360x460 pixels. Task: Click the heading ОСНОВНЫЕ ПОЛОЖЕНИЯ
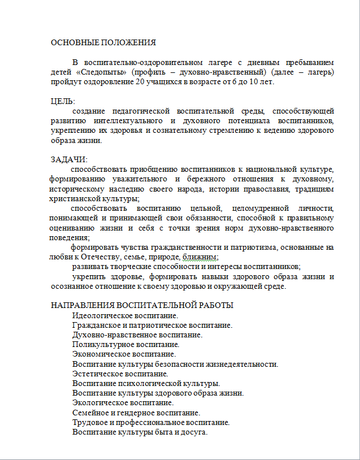[x=103, y=42]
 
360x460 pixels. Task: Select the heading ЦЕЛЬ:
[x=63, y=101]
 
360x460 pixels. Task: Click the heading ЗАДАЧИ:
[x=69, y=159]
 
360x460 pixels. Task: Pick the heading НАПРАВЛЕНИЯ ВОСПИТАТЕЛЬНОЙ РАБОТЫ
[x=142, y=306]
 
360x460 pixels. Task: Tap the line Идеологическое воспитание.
[x=125, y=315]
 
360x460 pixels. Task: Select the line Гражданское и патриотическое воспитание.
[x=153, y=325]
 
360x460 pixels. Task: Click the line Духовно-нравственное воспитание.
[x=137, y=335]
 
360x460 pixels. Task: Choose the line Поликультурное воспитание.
[x=125, y=344]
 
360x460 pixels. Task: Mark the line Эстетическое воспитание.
[x=120, y=374]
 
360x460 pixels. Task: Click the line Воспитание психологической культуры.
[x=146, y=383]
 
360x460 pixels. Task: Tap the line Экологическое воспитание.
[x=123, y=402]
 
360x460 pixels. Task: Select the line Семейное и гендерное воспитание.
[x=136, y=413]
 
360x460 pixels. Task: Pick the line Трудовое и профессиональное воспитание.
[x=151, y=422]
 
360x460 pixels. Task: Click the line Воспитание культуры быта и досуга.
[x=140, y=432]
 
